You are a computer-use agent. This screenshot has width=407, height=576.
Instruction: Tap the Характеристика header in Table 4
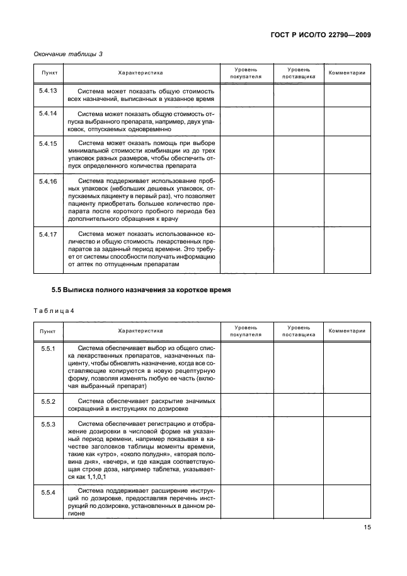tap(140, 331)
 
